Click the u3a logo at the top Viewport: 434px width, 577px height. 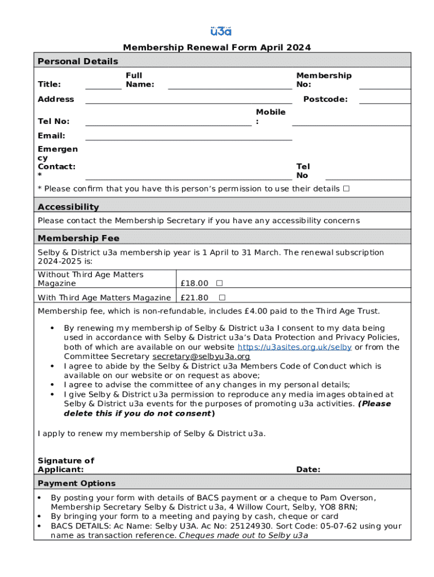tap(220, 31)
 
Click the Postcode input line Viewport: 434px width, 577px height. tap(385, 100)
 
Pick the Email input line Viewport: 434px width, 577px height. tap(189, 136)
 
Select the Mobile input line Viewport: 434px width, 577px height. tap(351, 122)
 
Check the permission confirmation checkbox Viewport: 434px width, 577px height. tap(346, 189)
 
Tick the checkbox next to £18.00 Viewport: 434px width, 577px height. tap(219, 283)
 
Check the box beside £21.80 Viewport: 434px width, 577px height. tap(222, 298)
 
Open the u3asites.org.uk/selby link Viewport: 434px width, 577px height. tap(295, 347)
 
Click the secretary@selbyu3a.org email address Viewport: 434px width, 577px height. tap(201, 357)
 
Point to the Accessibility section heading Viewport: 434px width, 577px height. tap(68, 207)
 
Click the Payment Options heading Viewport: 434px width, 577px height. tap(77, 483)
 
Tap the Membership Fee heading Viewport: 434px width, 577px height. tap(78, 238)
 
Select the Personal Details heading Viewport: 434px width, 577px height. tap(78, 61)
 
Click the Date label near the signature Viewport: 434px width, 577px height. tap(308, 469)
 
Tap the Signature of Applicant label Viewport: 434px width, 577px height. tap(66, 465)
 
